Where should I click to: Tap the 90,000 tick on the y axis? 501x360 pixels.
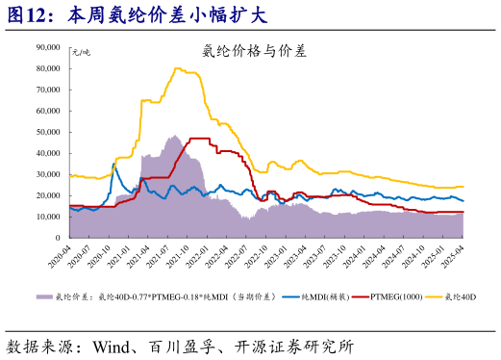point(48,46)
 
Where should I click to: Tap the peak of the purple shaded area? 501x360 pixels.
point(173,136)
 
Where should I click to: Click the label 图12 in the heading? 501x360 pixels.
point(29,15)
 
